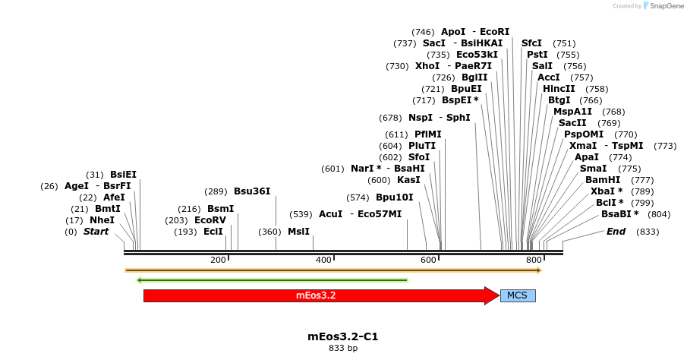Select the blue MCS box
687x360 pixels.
coord(517,295)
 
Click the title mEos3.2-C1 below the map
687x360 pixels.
coord(343,336)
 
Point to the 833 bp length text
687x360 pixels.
coord(343,349)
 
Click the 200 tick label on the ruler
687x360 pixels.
coord(219,261)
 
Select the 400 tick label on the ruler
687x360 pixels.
coord(323,261)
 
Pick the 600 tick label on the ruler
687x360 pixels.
coord(428,261)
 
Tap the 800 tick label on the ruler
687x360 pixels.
coord(533,261)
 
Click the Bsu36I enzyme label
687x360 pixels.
coord(252,191)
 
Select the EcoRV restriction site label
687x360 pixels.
coord(210,220)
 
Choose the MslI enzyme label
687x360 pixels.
coord(298,232)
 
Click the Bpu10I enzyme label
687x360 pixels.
coord(394,197)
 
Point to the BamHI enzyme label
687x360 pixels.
coord(603,180)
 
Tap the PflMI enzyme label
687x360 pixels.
coord(427,134)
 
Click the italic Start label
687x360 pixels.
coord(96,232)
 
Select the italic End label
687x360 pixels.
coord(616,232)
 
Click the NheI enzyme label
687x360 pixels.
coord(102,220)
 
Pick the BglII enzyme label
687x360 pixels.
coord(474,77)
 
